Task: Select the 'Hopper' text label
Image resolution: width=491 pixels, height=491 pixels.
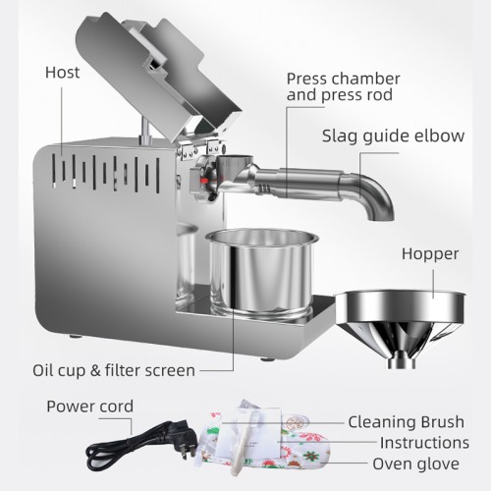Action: (x=429, y=253)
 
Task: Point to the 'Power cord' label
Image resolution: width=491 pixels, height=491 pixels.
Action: (x=89, y=406)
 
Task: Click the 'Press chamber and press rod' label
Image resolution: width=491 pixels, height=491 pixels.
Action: (x=342, y=86)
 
